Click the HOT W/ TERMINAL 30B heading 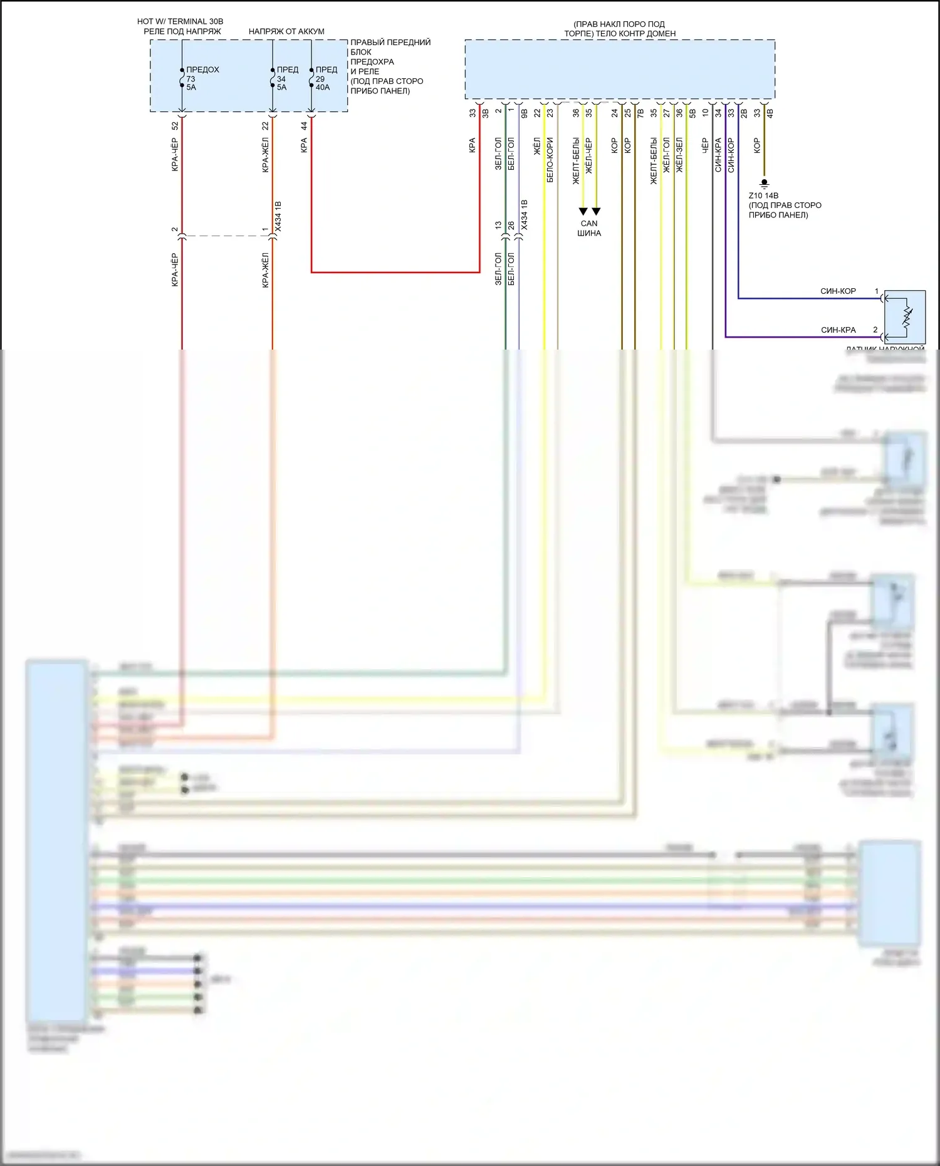tap(180, 21)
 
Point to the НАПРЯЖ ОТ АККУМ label tap(286, 31)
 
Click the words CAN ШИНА tap(589, 228)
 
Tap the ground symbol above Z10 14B tap(764, 184)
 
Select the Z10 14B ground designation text tap(763, 195)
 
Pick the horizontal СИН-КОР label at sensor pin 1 tap(838, 291)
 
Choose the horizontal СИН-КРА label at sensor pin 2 tap(838, 330)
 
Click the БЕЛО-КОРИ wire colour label tap(550, 160)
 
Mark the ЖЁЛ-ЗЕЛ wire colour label tap(679, 155)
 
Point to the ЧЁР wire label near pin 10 tap(704, 146)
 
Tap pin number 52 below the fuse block tap(175, 125)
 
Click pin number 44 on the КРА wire tap(304, 125)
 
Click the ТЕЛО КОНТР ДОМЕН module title tap(620, 34)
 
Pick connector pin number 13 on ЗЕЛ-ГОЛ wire tap(498, 225)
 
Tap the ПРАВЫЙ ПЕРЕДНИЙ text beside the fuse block tap(390, 43)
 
